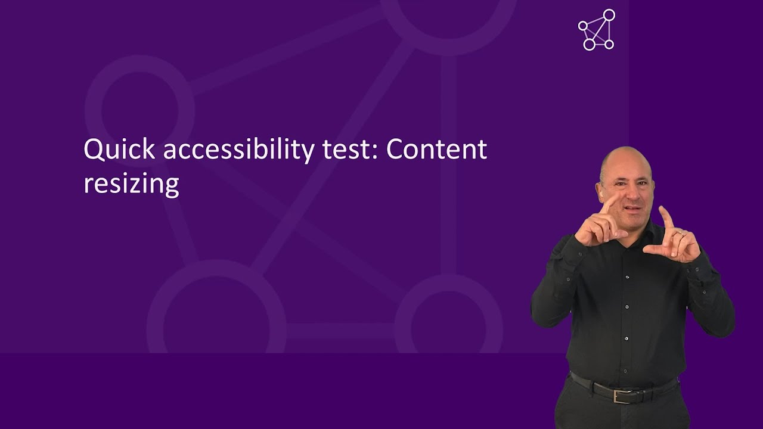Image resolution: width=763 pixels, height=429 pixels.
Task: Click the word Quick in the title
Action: coord(120,150)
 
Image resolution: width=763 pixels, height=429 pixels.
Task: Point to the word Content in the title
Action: coord(436,150)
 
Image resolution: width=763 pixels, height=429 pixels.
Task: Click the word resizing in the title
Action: coord(131,184)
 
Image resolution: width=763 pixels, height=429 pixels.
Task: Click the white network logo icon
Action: coord(597,30)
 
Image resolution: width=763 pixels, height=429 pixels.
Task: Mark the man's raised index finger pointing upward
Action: coord(665,216)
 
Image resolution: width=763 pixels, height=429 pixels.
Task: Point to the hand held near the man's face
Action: coord(599,223)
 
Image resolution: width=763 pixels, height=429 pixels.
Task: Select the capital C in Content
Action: coord(396,150)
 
